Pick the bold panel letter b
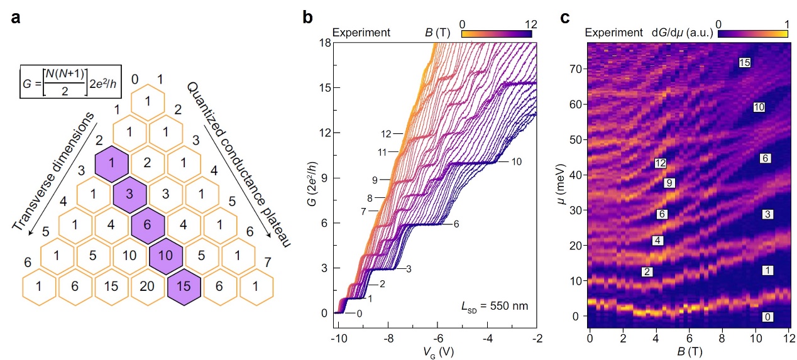(308, 18)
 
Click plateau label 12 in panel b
(386, 134)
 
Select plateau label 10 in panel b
(516, 161)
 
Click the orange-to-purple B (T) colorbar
(499, 33)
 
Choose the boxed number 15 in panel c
(745, 63)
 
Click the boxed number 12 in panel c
(660, 163)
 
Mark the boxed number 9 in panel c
(669, 183)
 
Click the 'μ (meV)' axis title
(568, 188)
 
